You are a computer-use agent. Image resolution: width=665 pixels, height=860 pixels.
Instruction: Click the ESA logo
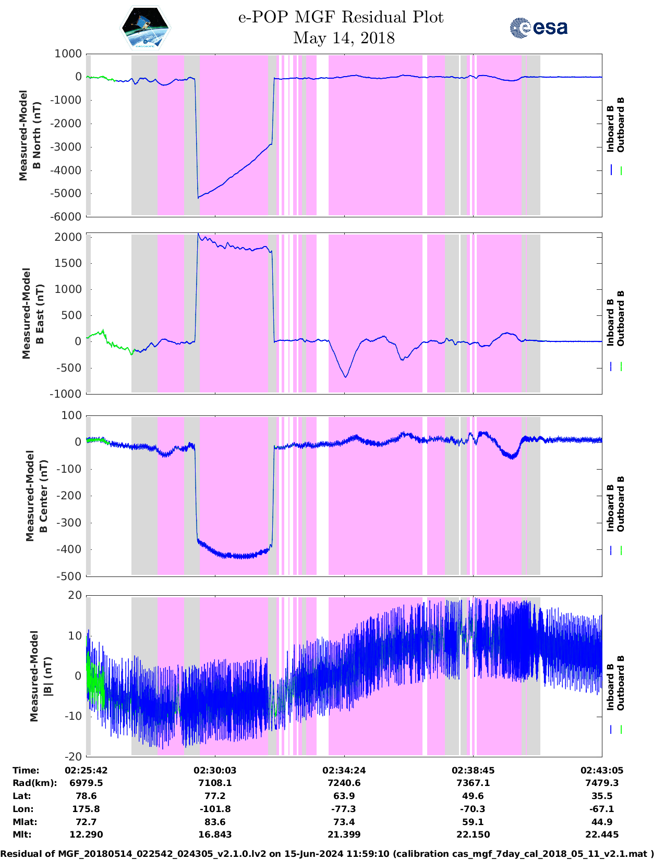538,28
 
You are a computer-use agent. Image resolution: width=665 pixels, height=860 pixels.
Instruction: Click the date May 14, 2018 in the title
344,38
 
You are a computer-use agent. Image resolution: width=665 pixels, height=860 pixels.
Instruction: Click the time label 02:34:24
344,770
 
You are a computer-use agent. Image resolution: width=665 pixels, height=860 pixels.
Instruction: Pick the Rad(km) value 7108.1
215,783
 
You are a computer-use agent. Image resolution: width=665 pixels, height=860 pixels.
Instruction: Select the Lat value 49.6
473,796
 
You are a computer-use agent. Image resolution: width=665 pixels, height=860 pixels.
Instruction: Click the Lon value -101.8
215,809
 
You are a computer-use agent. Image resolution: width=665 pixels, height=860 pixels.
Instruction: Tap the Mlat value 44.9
602,822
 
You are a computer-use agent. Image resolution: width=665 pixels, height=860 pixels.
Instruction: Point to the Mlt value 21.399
344,834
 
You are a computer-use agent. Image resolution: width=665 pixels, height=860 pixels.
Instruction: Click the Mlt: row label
22,834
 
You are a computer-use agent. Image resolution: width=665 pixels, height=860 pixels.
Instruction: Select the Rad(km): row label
34,783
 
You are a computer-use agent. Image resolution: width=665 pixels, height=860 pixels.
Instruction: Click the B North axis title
30,136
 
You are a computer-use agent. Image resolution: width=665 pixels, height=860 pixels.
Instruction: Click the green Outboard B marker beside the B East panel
621,367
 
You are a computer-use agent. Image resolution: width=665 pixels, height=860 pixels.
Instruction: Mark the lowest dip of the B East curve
346,377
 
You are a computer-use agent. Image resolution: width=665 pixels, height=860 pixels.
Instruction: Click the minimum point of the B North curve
198,198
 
